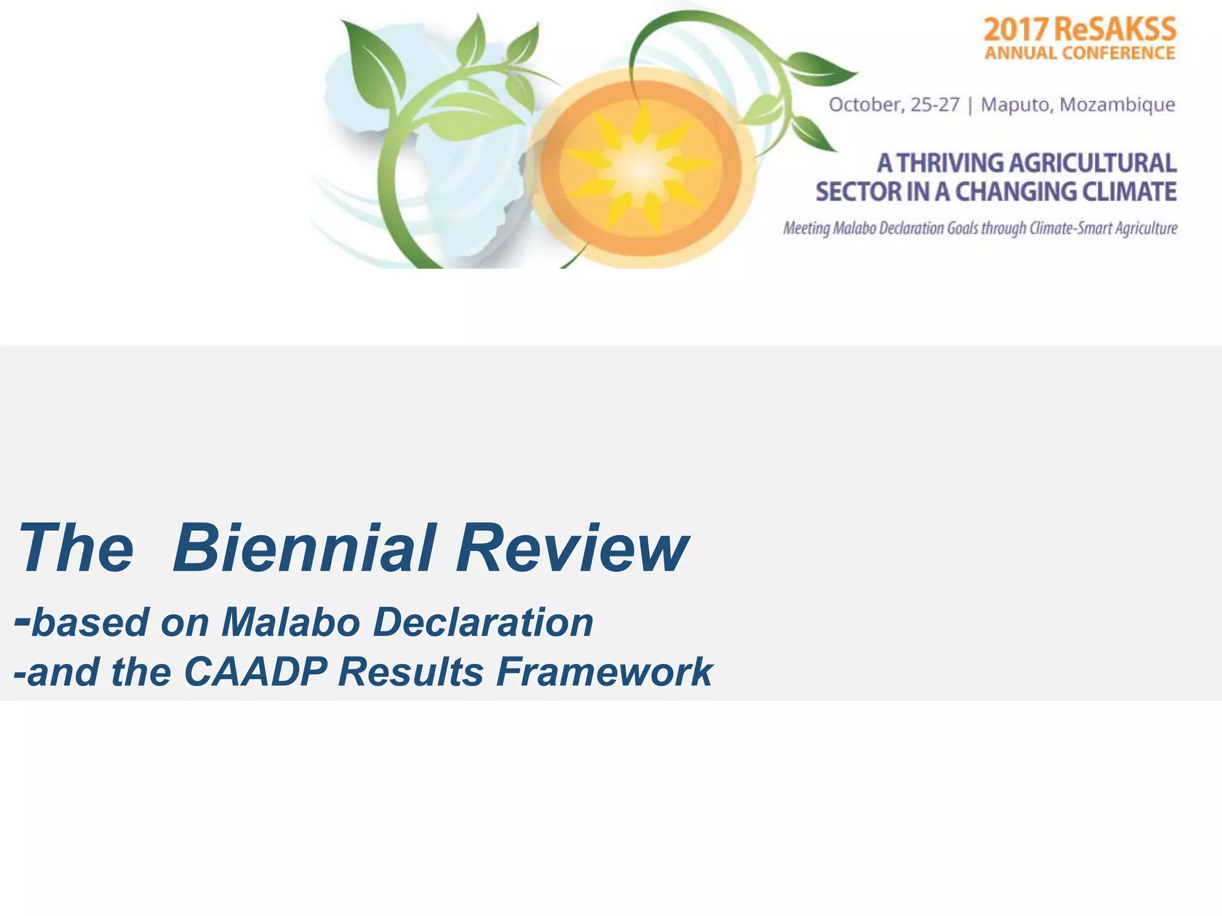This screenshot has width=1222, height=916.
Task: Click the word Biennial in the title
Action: pos(303,547)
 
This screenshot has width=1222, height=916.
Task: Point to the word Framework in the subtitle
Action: pos(604,672)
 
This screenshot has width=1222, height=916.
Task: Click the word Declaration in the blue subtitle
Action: pos(483,623)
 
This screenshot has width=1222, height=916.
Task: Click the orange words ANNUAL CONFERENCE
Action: pos(1079,54)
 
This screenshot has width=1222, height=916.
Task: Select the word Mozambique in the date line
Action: pos(1117,105)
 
